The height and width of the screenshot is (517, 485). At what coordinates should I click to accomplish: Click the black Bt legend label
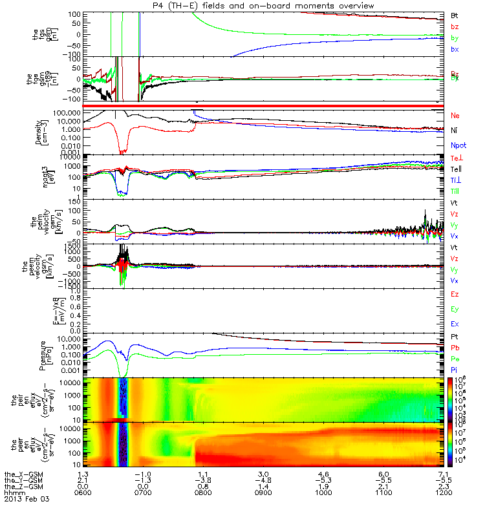point(455,14)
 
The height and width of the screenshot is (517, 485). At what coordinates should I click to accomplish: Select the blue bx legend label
point(455,49)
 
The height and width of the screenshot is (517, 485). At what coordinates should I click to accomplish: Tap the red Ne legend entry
point(455,115)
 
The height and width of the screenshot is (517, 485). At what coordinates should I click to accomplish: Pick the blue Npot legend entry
point(457,146)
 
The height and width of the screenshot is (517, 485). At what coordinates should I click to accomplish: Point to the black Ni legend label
point(454,131)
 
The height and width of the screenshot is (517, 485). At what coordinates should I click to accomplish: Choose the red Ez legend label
point(455,294)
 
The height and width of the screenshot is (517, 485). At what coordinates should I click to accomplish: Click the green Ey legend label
point(455,309)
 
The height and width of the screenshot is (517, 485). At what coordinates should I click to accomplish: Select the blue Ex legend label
point(455,324)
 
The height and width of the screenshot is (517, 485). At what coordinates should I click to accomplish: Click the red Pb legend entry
point(455,348)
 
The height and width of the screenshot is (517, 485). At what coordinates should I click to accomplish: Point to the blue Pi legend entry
point(454,369)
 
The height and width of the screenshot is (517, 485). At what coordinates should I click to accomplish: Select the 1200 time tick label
point(438,492)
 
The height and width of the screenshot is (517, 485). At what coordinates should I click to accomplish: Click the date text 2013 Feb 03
point(27,499)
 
